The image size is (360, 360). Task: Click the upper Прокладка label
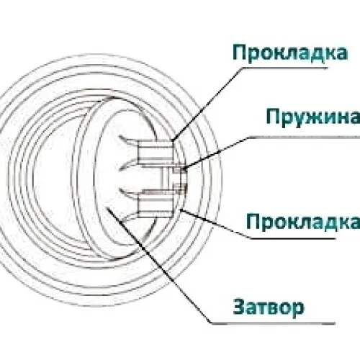(x=290, y=53)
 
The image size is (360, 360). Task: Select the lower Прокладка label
(x=303, y=221)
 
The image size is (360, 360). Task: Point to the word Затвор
(x=269, y=307)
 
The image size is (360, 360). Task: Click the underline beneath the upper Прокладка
(x=285, y=68)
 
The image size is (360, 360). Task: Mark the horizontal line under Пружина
(x=304, y=138)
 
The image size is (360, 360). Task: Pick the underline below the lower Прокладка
(x=293, y=238)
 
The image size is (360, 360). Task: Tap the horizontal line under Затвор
(x=274, y=323)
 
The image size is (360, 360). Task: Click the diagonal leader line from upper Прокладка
(x=207, y=104)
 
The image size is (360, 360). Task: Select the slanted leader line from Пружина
(x=215, y=153)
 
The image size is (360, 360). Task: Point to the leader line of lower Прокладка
(x=215, y=224)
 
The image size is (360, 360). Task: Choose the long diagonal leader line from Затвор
(x=159, y=265)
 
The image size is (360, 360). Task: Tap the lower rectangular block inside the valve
(x=156, y=203)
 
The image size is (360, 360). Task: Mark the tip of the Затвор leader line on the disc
(x=107, y=208)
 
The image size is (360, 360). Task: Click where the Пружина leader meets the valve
(x=184, y=168)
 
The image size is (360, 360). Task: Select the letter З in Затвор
(x=239, y=307)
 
